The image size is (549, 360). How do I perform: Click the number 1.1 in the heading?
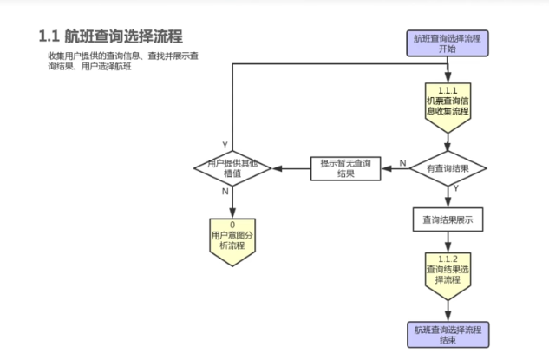click(x=49, y=36)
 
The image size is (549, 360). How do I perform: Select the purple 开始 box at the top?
click(x=447, y=43)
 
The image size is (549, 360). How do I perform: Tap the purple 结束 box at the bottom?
click(x=447, y=334)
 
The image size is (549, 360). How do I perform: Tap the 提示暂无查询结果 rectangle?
click(x=344, y=167)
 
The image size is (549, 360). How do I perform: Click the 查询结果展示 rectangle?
click(x=447, y=219)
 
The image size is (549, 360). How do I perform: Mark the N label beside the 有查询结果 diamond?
click(x=402, y=161)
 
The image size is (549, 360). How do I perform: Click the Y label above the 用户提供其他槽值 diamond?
click(x=225, y=145)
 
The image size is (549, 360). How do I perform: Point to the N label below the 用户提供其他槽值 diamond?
click(x=225, y=191)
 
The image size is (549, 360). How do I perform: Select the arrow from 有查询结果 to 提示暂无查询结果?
click(x=395, y=168)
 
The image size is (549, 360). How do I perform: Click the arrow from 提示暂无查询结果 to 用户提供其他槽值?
click(x=291, y=168)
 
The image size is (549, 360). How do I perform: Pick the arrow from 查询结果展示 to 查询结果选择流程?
click(x=447, y=242)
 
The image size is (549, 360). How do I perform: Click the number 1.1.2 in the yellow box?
click(x=447, y=259)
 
